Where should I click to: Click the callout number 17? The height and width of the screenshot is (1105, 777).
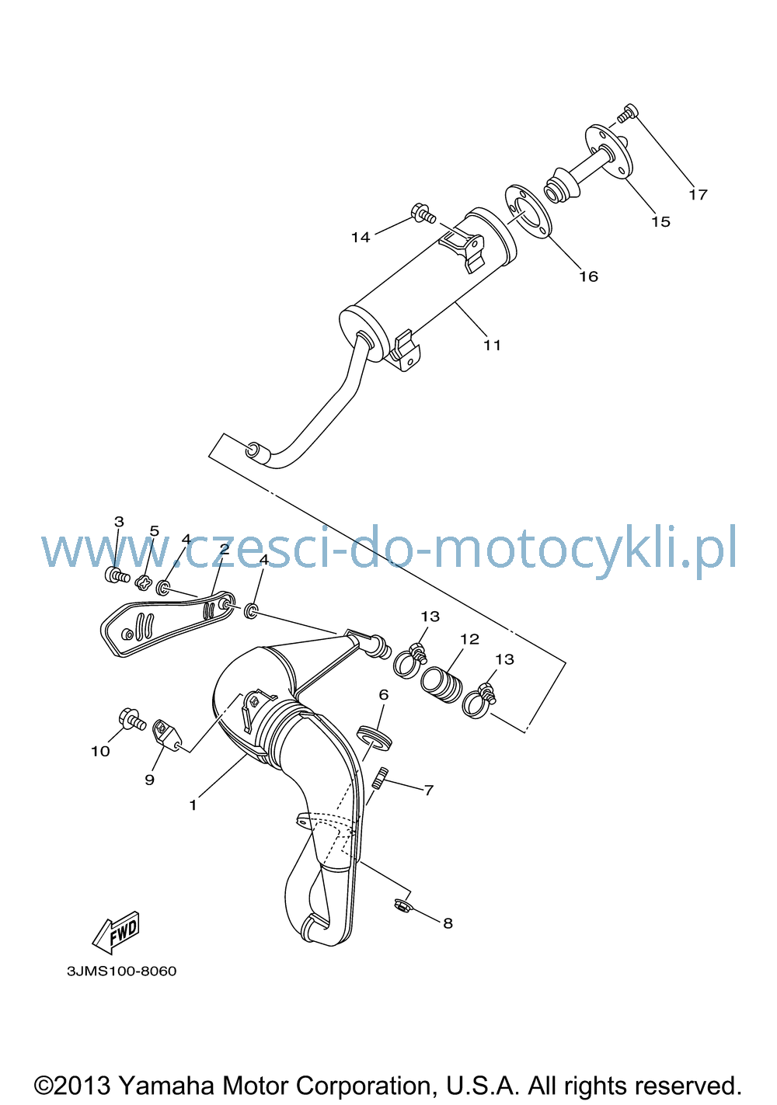click(x=698, y=195)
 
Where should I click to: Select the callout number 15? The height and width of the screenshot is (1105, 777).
click(x=660, y=222)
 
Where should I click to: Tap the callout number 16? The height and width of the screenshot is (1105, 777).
click(x=588, y=276)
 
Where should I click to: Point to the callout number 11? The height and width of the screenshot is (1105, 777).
click(x=492, y=346)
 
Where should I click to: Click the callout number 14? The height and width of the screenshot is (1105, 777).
click(x=361, y=238)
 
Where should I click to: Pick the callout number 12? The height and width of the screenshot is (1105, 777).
click(x=469, y=639)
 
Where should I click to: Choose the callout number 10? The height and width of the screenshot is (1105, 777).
click(x=100, y=752)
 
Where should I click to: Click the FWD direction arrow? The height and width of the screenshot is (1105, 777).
click(x=117, y=929)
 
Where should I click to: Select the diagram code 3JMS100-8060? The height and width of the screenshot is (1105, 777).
click(x=121, y=971)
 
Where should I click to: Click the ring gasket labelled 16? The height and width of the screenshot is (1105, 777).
click(x=528, y=212)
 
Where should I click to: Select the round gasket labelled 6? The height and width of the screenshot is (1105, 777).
click(x=374, y=739)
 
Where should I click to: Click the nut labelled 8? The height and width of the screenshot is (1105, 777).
click(x=402, y=905)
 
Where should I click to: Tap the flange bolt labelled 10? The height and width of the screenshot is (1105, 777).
click(x=132, y=718)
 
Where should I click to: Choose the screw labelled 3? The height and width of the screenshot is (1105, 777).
click(x=117, y=575)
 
